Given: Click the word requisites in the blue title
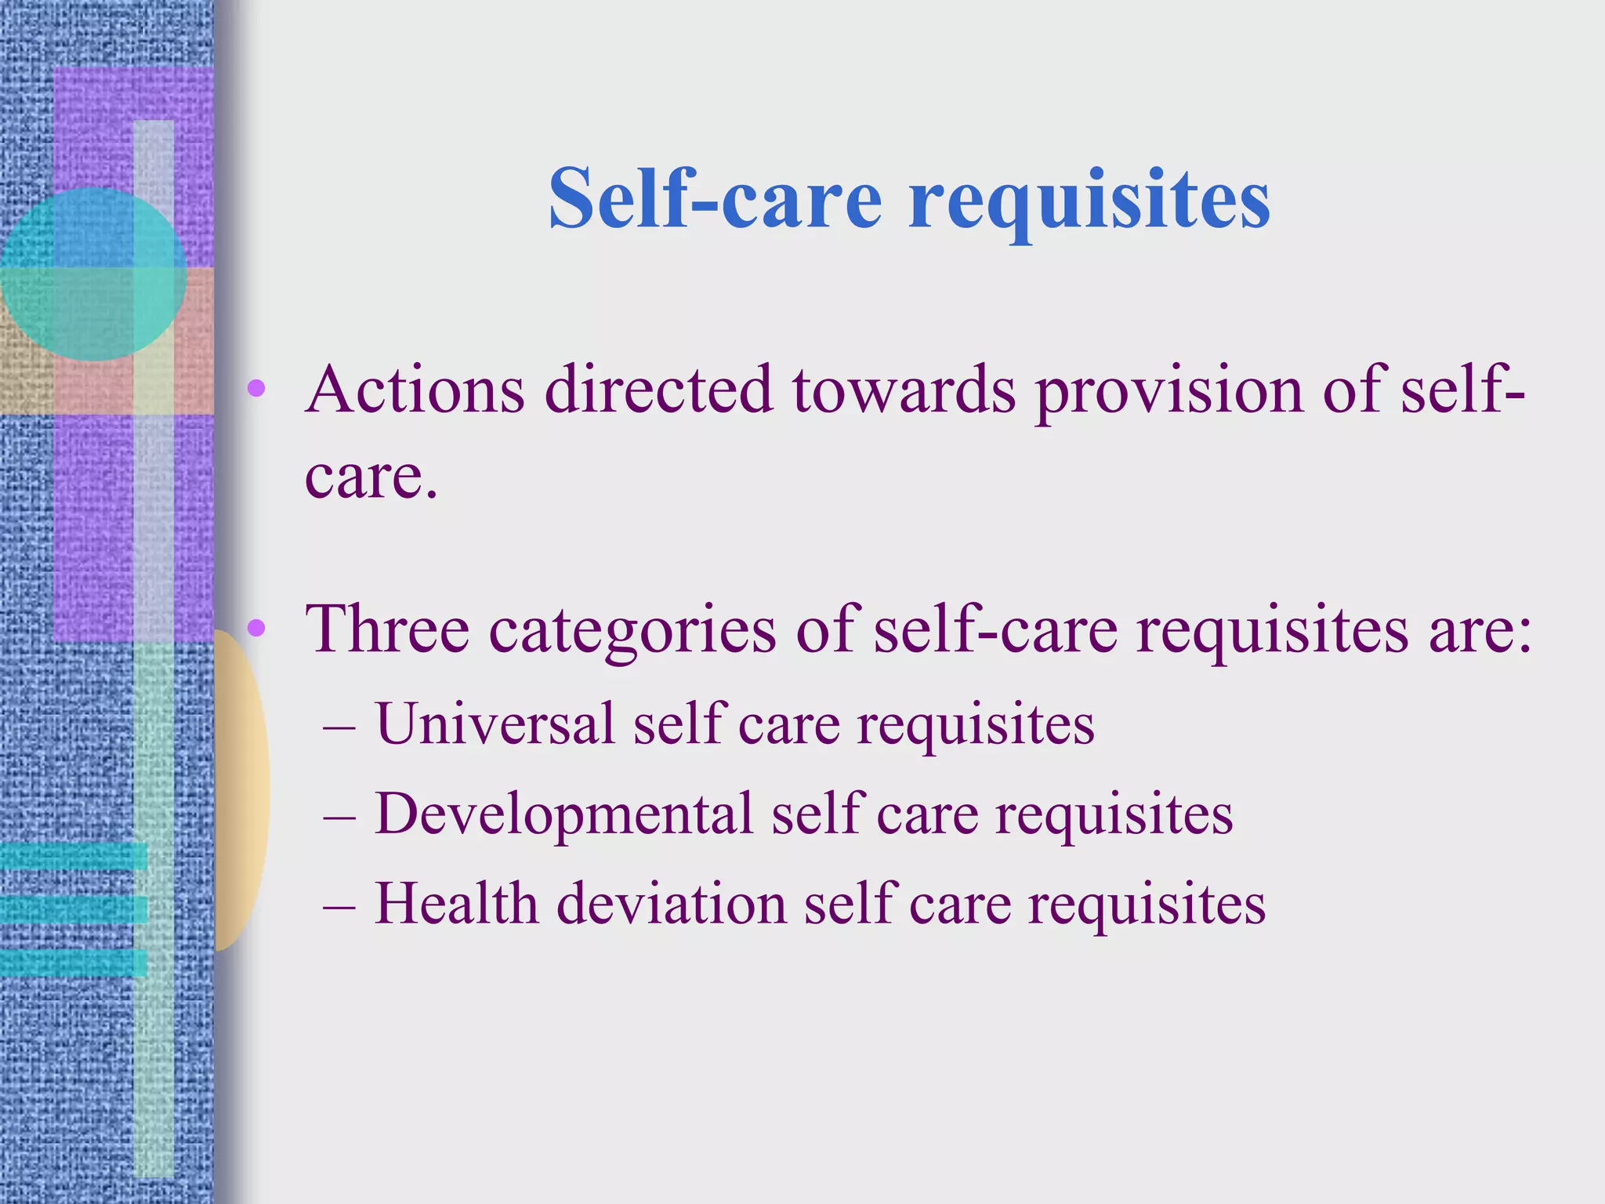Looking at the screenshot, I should (x=1089, y=202).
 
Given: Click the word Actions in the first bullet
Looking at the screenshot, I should (x=415, y=390).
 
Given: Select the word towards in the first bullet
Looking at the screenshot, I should (x=904, y=390).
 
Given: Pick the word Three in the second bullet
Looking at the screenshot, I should (x=387, y=629).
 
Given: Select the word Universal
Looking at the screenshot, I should (x=495, y=723).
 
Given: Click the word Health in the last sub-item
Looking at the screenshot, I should (x=456, y=904).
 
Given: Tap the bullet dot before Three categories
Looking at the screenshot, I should (x=256, y=628).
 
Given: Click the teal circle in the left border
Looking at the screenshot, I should (x=92, y=274).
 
